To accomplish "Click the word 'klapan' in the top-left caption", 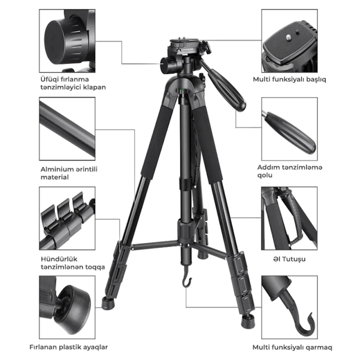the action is click(x=94, y=87).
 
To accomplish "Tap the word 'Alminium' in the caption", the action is click(x=54, y=169).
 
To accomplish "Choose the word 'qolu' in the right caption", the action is click(x=265, y=175).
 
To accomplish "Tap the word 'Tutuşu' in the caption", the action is click(x=294, y=259).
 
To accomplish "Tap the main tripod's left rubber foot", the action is click(x=108, y=303).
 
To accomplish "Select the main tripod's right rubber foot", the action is click(x=248, y=320).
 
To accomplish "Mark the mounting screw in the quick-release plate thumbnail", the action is click(x=288, y=37).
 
